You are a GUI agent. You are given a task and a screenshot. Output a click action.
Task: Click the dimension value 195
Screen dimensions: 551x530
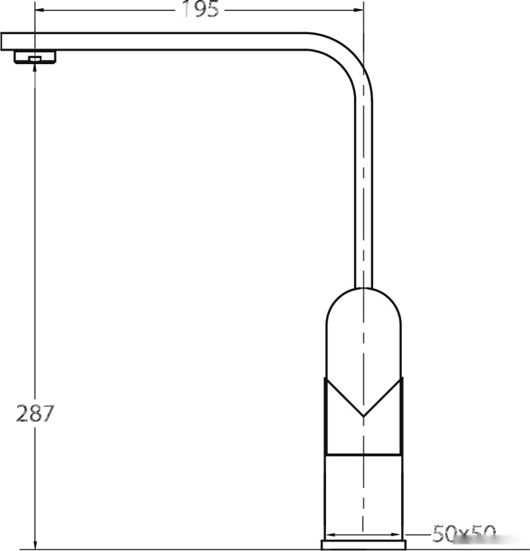click(x=200, y=9)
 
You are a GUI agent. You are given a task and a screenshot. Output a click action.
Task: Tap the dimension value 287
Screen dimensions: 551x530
click(x=34, y=414)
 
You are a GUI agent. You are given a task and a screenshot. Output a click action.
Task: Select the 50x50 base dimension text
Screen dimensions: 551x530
click(x=464, y=534)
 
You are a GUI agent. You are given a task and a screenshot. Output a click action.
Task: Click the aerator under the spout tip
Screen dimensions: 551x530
click(x=35, y=57)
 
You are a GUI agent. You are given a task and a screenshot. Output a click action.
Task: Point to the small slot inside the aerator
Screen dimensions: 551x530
click(x=35, y=59)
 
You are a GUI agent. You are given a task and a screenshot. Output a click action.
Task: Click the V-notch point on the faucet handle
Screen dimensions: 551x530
click(x=363, y=416)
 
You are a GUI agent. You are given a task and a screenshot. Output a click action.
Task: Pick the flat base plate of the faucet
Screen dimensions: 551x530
click(x=364, y=545)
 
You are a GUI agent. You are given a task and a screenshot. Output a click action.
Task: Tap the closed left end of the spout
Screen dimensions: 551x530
click(x=2, y=41)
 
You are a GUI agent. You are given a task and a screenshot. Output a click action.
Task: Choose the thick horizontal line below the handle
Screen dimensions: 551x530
click(x=364, y=454)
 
